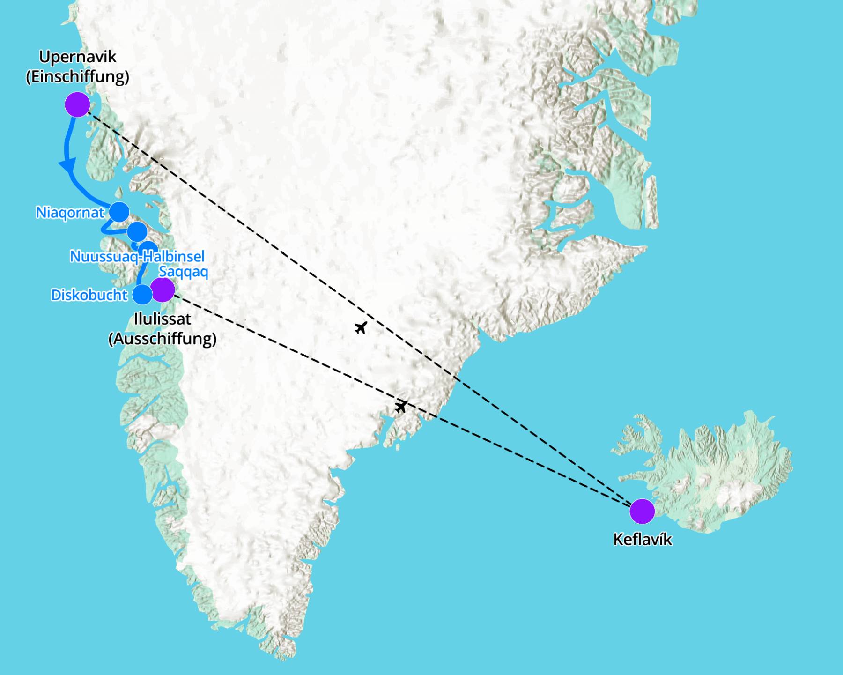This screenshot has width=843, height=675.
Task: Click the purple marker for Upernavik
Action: (77, 104)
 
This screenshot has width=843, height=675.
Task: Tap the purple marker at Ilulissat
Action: (163, 289)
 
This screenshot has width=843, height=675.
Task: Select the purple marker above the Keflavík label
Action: (642, 511)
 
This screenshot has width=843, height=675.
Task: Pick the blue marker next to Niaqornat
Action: (119, 212)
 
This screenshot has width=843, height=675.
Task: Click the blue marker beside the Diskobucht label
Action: (142, 294)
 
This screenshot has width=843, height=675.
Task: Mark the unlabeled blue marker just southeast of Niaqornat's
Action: (137, 231)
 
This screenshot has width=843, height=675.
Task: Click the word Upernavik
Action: (78, 57)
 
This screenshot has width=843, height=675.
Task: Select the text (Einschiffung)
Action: (78, 76)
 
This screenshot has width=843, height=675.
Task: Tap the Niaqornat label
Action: (70, 213)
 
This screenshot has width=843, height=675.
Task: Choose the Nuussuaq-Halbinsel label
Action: (137, 256)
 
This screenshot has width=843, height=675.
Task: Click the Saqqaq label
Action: (183, 272)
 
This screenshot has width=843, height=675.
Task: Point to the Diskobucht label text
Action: (89, 295)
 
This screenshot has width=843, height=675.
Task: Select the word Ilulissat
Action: (163, 319)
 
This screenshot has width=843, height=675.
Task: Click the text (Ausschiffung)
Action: (163, 339)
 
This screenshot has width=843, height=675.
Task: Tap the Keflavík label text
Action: (642, 539)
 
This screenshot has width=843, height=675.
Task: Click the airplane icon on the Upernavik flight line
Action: (360, 327)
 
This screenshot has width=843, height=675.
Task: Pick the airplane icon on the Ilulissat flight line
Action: (401, 406)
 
